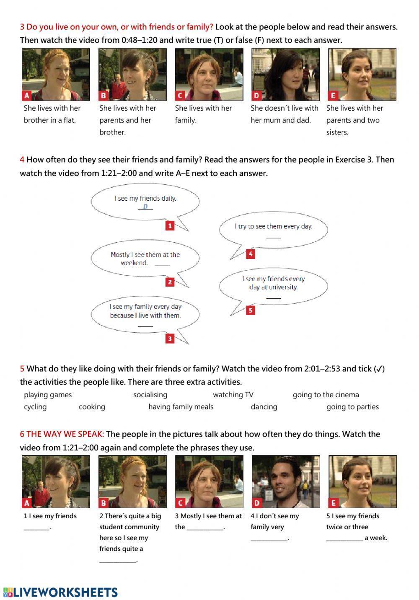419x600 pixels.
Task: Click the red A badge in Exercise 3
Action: click(x=27, y=96)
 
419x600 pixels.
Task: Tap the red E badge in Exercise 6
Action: click(x=333, y=503)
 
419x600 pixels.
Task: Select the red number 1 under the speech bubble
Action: click(x=170, y=226)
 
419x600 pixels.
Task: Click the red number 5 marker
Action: click(x=250, y=310)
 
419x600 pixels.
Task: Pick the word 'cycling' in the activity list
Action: click(x=35, y=407)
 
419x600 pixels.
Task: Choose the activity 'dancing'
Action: click(x=264, y=407)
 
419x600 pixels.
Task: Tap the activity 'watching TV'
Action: click(x=233, y=395)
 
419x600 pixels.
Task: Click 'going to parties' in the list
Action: click(x=352, y=407)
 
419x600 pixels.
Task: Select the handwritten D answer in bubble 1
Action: click(x=145, y=207)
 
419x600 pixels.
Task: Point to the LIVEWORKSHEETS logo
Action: click(x=60, y=592)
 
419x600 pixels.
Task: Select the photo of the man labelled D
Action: click(x=286, y=481)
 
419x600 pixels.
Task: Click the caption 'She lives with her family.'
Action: click(x=203, y=114)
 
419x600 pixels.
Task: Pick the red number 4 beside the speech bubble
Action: click(x=250, y=254)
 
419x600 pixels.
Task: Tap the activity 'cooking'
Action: click(x=92, y=407)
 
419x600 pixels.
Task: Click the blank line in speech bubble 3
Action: click(x=145, y=326)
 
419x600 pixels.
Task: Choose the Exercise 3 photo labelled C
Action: click(x=209, y=75)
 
